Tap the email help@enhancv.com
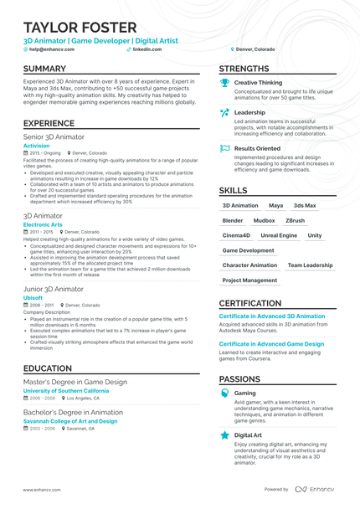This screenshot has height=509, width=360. tap(51, 49)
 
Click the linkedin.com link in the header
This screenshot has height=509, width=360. tap(147, 49)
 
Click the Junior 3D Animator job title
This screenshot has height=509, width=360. tap(54, 289)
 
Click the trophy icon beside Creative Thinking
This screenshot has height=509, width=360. tap(224, 83)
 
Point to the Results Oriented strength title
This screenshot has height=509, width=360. tap(257, 148)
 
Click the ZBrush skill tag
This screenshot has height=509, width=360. tap(295, 220)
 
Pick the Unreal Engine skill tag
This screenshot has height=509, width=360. tap(279, 235)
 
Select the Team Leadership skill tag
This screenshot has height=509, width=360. tap(310, 265)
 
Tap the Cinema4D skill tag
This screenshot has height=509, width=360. tap(236, 235)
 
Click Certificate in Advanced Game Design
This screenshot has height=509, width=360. tap(271, 344)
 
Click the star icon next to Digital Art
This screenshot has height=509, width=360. tap(224, 435)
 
